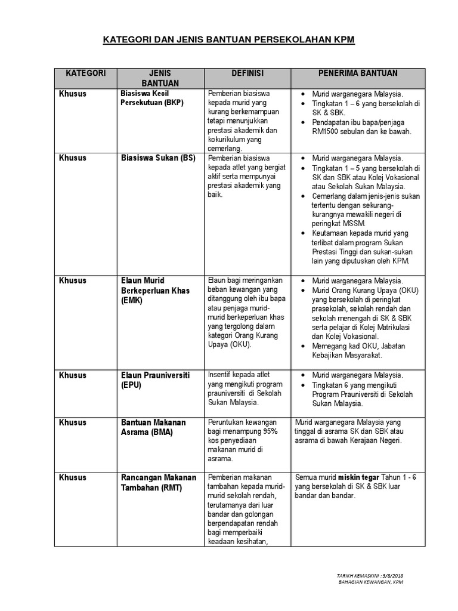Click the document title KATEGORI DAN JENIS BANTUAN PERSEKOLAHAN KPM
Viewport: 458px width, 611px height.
point(229,40)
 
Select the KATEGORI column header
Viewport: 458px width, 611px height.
point(86,73)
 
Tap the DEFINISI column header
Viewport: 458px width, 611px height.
point(247,73)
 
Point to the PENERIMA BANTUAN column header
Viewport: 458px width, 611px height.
point(358,73)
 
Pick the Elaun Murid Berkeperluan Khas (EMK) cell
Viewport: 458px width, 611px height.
point(155,291)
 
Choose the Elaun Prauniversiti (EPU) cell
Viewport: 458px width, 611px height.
point(155,380)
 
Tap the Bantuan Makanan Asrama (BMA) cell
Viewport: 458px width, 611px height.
point(154,427)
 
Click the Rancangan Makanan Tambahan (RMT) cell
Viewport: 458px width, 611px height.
point(159,482)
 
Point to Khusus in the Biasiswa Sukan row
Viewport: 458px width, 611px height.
point(73,158)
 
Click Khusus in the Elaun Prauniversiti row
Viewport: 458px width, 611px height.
point(73,375)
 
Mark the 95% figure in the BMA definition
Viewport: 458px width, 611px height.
point(270,431)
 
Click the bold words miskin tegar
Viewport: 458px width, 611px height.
point(357,477)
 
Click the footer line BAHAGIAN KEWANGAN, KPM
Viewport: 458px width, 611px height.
point(370,582)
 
